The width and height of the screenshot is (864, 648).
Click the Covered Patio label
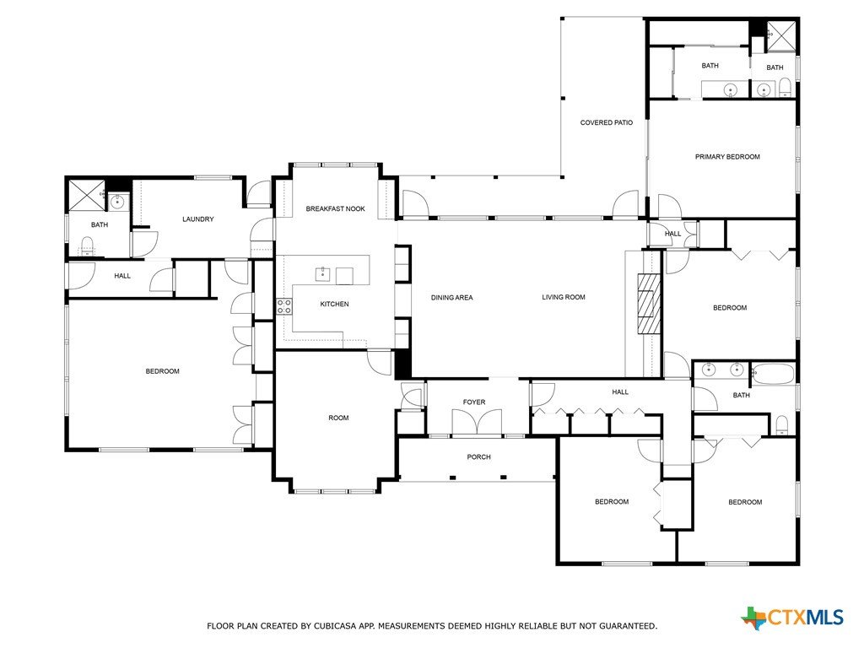[606, 122]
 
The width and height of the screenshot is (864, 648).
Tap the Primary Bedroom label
[727, 156]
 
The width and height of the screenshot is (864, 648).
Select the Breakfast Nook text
[335, 208]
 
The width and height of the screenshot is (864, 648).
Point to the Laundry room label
[197, 219]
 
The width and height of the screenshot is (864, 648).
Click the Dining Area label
[452, 298]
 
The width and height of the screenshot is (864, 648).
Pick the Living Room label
[563, 297]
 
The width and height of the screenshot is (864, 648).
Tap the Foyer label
[474, 402]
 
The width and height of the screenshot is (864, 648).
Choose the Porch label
[478, 456]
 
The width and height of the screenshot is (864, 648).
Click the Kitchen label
[334, 304]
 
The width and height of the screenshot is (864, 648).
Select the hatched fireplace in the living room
[649, 304]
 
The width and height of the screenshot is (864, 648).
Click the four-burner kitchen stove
[283, 307]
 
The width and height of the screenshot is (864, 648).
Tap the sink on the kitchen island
[322, 274]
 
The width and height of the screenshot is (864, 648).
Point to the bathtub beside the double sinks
[773, 374]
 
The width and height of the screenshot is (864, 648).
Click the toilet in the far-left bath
[88, 246]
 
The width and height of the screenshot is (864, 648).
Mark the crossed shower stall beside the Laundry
[85, 195]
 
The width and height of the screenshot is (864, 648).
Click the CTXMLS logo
[792, 618]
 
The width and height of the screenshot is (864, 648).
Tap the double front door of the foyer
[478, 422]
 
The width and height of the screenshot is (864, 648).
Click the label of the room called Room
[338, 418]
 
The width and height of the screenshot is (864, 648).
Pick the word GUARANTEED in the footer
[628, 626]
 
